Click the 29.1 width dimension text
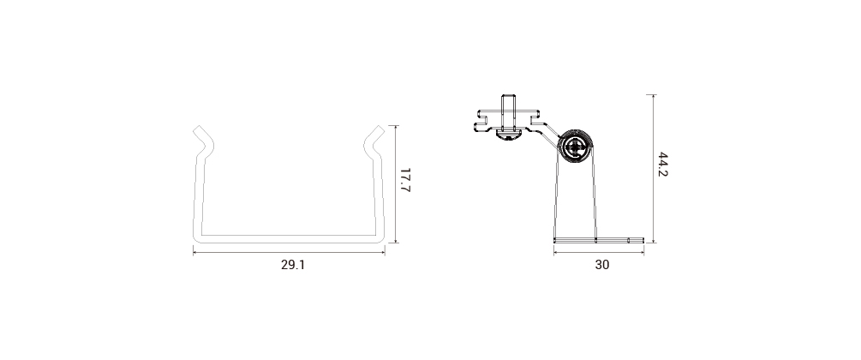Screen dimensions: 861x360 [x=293, y=264]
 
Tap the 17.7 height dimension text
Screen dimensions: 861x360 [x=406, y=180]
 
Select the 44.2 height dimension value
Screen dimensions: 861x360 [x=663, y=165]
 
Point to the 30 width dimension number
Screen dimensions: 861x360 [x=601, y=264]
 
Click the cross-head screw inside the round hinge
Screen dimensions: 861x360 [x=575, y=147]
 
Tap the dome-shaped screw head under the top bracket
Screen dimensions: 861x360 [x=507, y=134]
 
